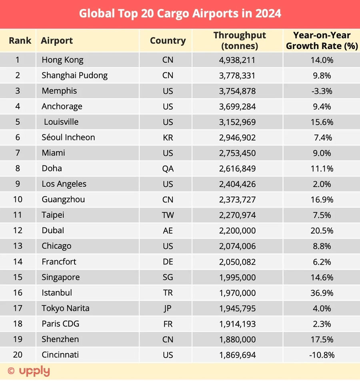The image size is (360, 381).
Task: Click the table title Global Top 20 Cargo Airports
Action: [180, 14]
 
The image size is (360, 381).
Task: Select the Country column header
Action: [168, 40]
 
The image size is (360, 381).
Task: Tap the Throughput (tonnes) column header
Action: [240, 40]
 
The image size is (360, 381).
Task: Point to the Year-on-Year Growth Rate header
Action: [322, 40]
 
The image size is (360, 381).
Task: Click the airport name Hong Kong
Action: [62, 60]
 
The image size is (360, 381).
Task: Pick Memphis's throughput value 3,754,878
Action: [237, 91]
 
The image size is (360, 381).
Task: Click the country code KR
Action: [168, 138]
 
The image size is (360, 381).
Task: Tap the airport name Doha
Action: [52, 168]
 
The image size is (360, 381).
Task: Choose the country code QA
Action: [168, 169]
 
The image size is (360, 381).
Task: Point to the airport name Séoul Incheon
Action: [68, 138]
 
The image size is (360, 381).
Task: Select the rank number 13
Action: [18, 246]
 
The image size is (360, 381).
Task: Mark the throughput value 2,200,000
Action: [237, 231]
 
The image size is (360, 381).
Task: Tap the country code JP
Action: [168, 309]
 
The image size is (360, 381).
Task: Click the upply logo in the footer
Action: [29, 371]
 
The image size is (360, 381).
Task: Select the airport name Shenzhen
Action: [60, 339]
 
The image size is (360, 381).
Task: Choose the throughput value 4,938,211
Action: [237, 60]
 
